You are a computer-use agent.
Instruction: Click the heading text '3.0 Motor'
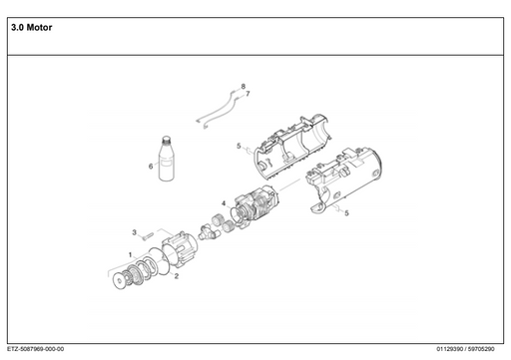[31, 28]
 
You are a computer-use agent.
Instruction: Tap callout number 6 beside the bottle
[151, 167]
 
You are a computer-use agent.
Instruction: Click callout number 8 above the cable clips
[243, 87]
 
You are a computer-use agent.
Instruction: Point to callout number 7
[248, 94]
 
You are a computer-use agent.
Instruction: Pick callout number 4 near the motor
[223, 203]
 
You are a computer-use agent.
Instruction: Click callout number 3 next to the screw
[134, 232]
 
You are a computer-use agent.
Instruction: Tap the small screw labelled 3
[147, 237]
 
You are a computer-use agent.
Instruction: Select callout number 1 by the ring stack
[129, 255]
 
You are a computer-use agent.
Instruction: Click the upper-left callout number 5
[239, 147]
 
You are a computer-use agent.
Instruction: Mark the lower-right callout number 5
[346, 212]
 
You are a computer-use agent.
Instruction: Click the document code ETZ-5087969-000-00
[35, 349]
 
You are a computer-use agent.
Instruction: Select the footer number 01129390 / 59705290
[470, 349]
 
